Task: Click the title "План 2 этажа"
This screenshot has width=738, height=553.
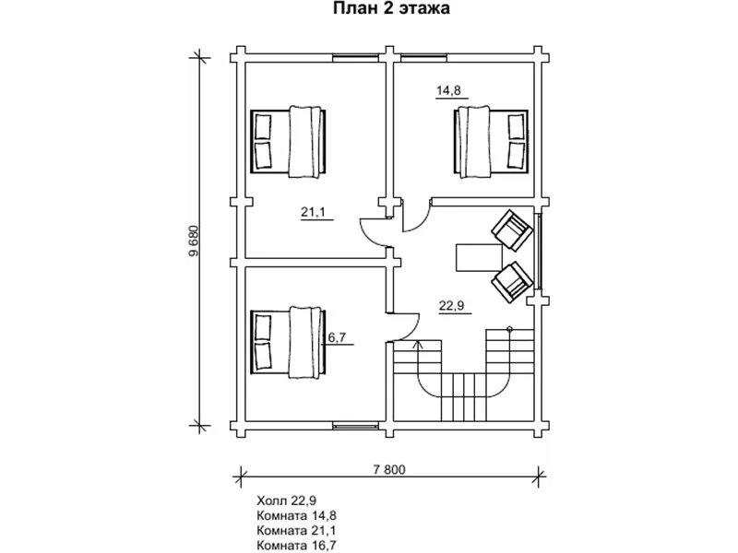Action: coord(391,8)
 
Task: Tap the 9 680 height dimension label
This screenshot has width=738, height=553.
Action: coord(194,241)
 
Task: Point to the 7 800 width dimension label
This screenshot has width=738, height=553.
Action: coord(389,469)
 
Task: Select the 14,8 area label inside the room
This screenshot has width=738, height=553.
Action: coord(448,90)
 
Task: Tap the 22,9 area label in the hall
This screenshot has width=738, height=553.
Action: coord(452,306)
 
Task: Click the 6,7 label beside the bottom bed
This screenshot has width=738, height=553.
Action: coord(337,336)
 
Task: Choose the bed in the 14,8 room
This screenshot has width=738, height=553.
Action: coord(491,142)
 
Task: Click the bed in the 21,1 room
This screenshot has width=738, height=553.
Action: coord(289,141)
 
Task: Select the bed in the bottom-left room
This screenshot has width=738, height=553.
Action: coord(289,342)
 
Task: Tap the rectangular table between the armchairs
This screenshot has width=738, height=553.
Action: coord(479,257)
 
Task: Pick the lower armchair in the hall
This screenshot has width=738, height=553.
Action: coord(512,282)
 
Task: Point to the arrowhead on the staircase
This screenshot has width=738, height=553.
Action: coord(418,344)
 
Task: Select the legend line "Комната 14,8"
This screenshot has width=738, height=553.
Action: coord(296,515)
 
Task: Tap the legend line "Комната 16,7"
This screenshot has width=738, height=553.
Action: coord(296,546)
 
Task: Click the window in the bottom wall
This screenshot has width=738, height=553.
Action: coord(356,427)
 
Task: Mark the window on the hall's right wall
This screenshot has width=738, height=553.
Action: coord(539,251)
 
